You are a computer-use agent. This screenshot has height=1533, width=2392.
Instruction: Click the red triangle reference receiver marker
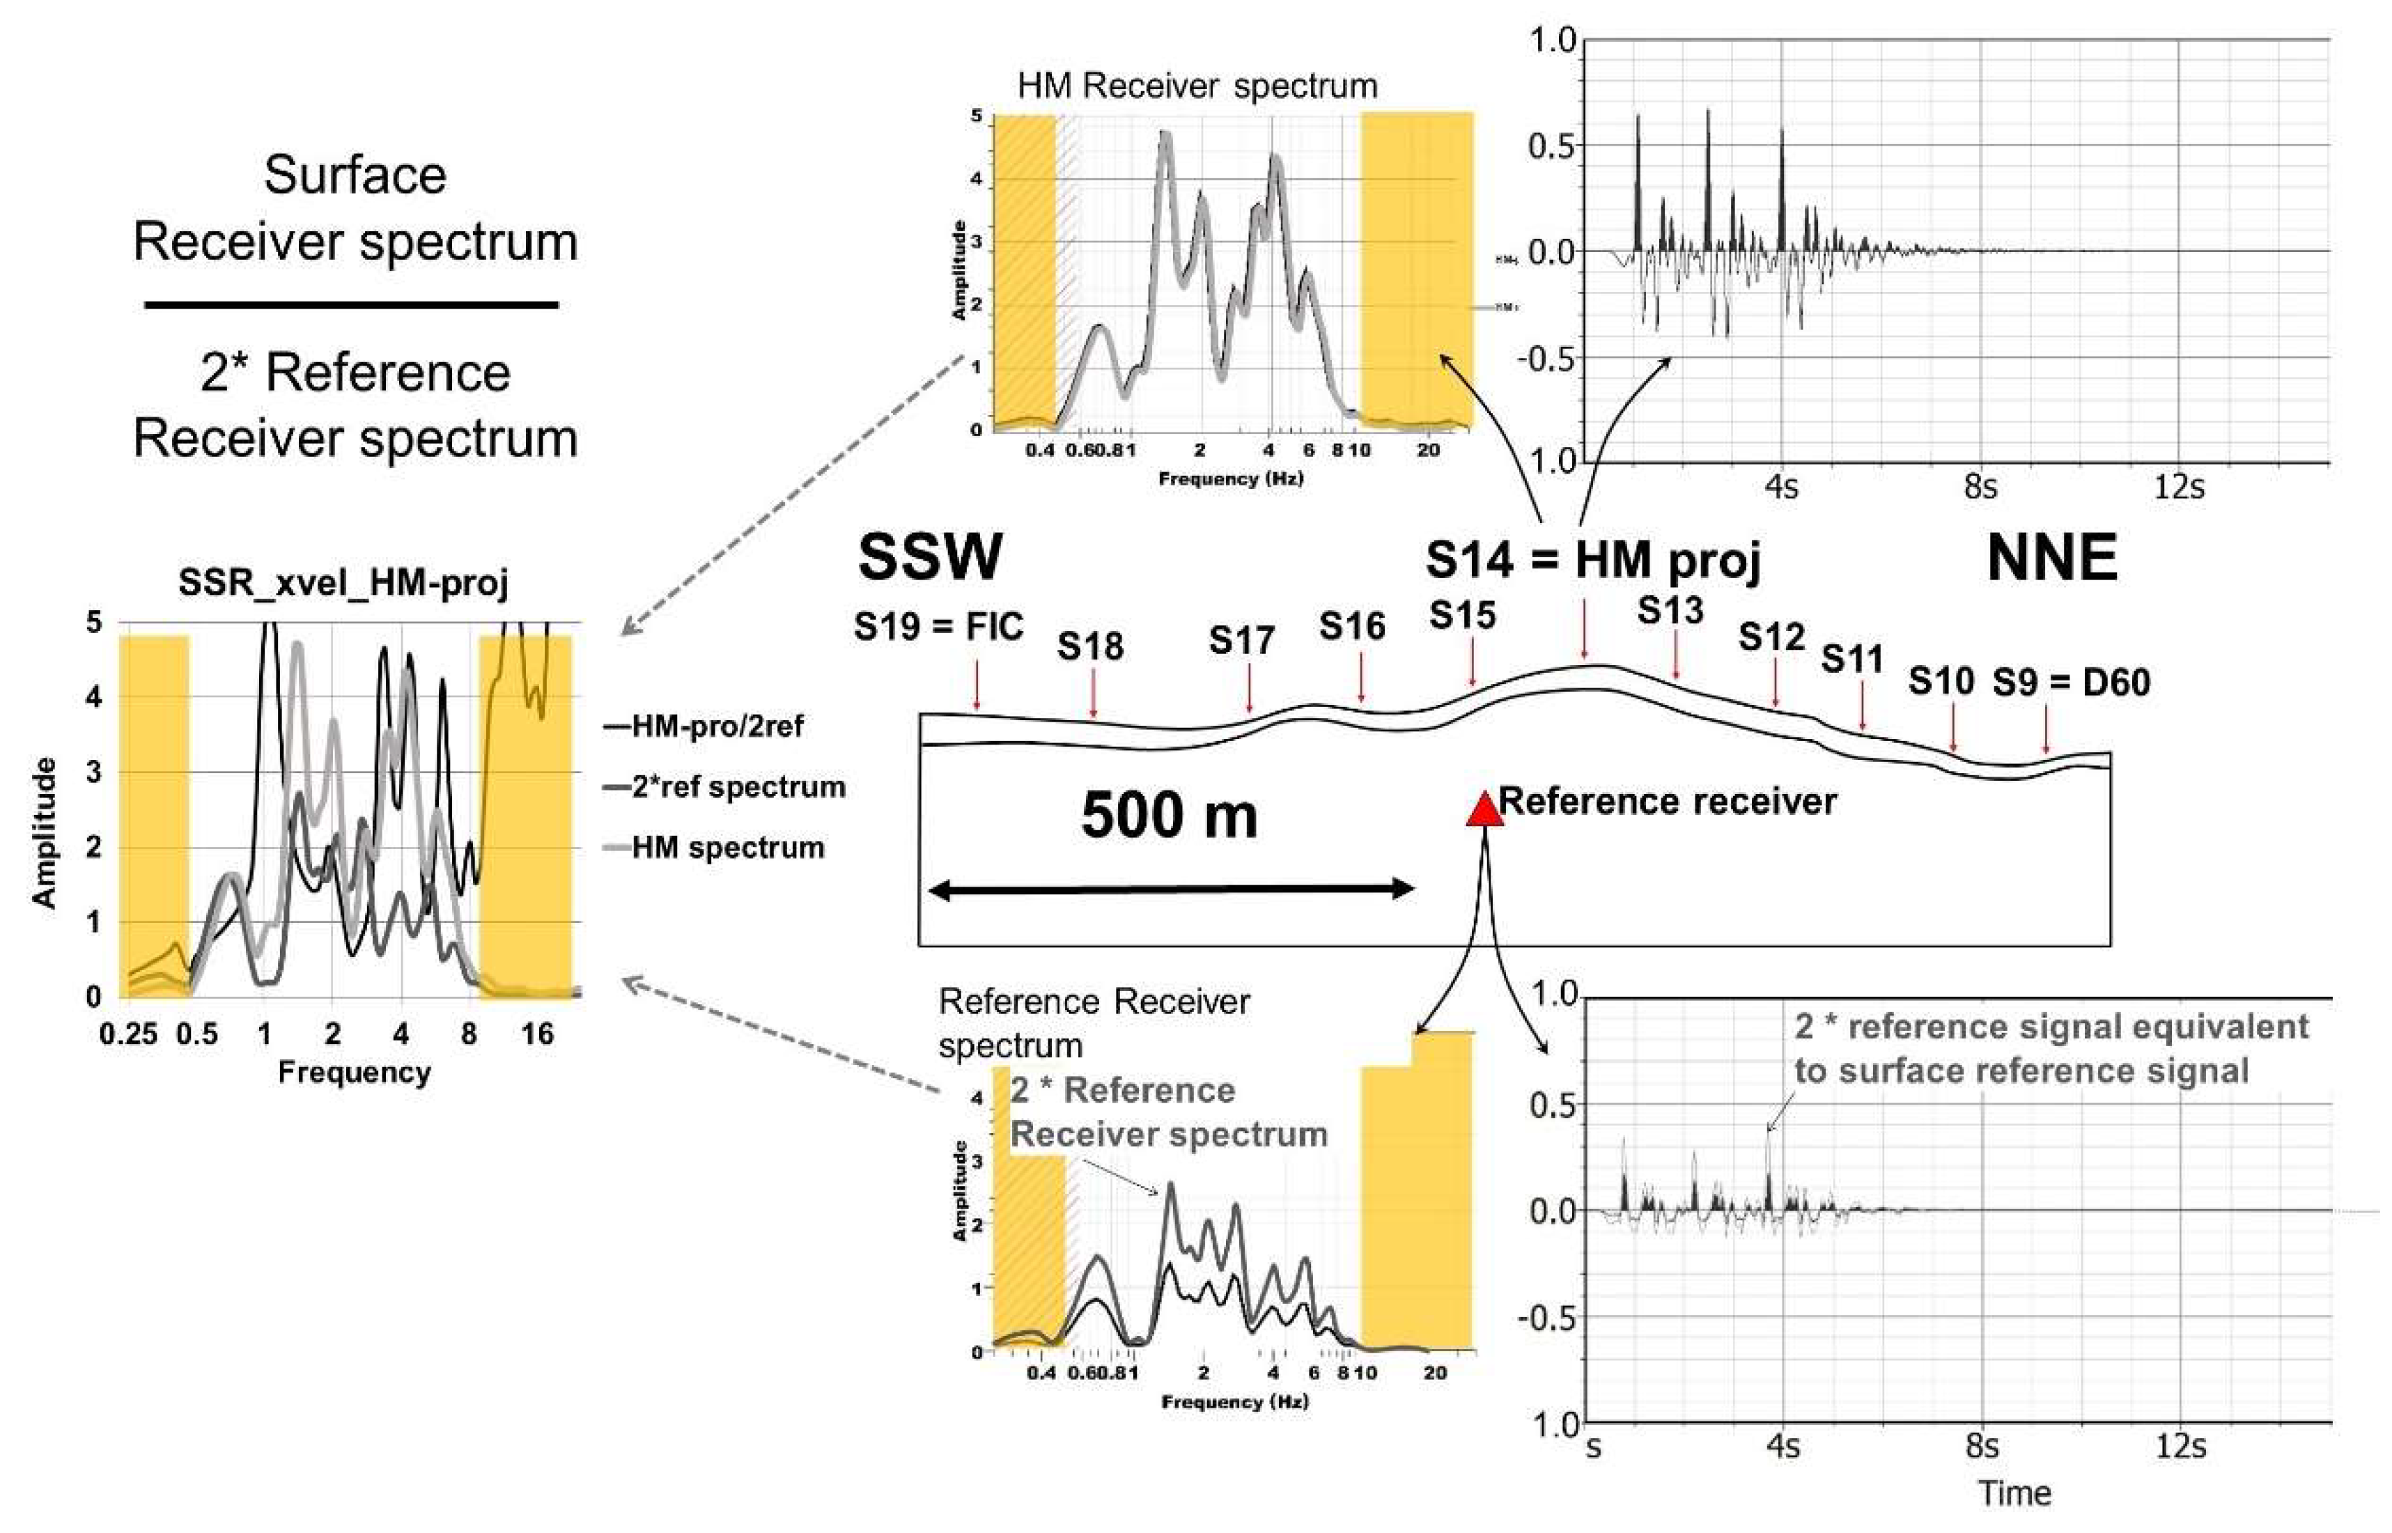(x=1484, y=809)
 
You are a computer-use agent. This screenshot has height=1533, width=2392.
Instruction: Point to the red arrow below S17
(x=1249, y=688)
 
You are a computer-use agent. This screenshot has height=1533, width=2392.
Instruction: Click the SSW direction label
(x=930, y=557)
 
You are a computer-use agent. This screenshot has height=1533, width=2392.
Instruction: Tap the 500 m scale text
(x=1169, y=816)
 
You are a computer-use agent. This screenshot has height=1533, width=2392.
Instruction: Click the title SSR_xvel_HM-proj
(x=343, y=582)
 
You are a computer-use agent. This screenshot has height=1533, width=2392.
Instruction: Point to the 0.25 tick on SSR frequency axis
(x=128, y=1034)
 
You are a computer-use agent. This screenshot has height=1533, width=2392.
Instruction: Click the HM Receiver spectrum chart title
(x=1197, y=86)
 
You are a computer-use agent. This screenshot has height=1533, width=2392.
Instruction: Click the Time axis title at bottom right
(x=2014, y=1493)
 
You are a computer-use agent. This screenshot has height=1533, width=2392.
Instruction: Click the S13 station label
(x=1670, y=609)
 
